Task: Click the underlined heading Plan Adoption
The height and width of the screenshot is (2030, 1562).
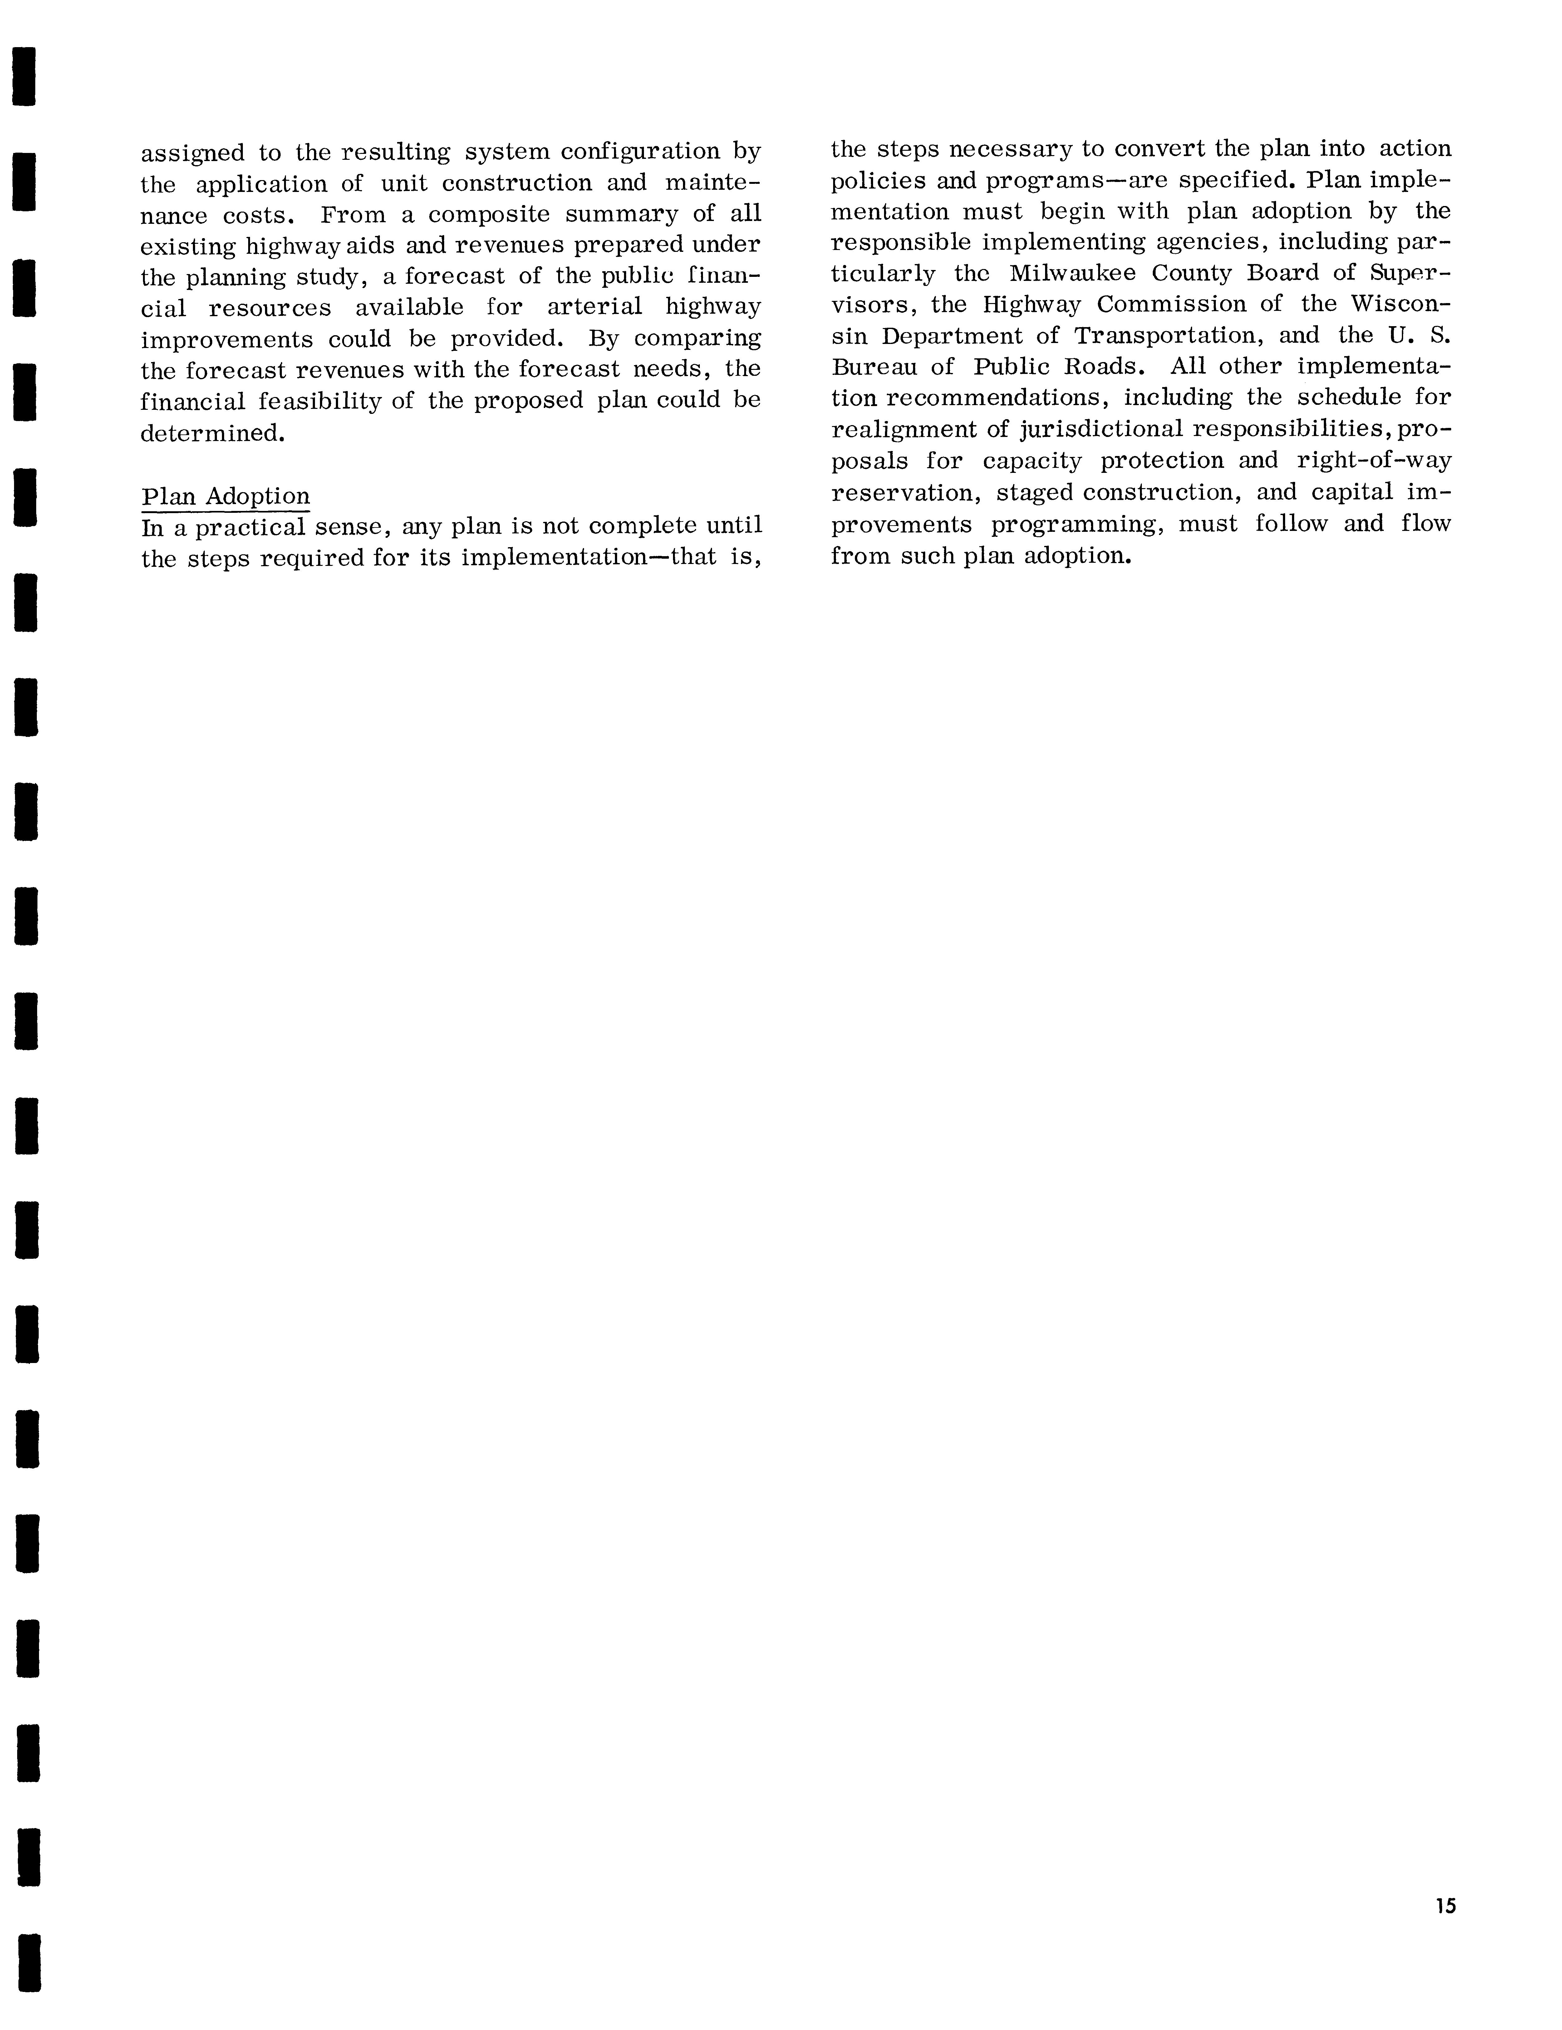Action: (225, 496)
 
